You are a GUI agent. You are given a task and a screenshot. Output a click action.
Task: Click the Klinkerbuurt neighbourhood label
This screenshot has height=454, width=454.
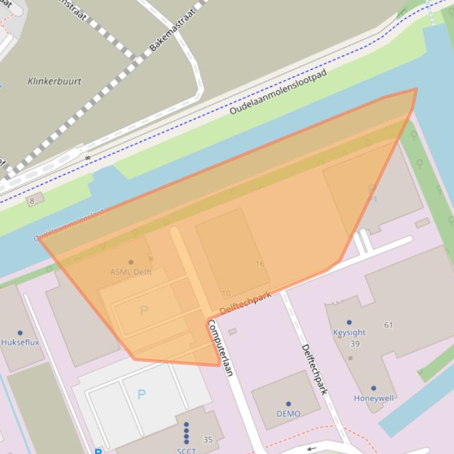[54, 81]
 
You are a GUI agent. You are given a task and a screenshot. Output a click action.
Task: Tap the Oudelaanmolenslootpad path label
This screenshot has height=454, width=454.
[278, 92]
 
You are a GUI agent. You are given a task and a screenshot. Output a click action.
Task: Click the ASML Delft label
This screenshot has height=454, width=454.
[131, 272]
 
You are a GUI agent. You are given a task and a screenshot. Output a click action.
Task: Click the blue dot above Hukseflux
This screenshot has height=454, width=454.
[19, 333]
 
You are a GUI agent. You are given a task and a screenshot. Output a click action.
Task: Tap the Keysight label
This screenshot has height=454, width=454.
[349, 332]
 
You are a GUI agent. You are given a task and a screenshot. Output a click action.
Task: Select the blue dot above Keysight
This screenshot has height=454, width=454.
[349, 323]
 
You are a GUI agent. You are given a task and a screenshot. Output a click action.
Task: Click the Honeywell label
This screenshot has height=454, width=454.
[373, 398]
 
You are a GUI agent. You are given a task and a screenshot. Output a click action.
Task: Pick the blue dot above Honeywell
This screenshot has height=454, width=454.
[373, 389]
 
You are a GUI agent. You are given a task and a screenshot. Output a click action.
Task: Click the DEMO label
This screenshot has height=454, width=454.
[288, 413]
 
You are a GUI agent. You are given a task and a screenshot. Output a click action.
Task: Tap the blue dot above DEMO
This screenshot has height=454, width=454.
[288, 404]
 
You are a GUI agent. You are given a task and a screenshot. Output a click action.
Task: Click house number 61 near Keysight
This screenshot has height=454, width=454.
[388, 325]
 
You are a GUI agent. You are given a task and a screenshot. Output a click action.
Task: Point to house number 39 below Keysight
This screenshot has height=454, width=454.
[354, 344]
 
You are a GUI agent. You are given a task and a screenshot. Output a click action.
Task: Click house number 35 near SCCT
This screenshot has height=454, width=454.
[208, 439]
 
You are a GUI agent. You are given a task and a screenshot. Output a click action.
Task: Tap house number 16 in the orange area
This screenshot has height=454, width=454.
[260, 264]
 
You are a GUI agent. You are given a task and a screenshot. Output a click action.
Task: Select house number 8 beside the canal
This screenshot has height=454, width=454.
[32, 201]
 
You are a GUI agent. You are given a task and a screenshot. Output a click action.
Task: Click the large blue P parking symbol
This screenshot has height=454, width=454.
[141, 394]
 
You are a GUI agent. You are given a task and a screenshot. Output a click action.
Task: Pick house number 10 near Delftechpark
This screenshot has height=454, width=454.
[226, 293]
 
